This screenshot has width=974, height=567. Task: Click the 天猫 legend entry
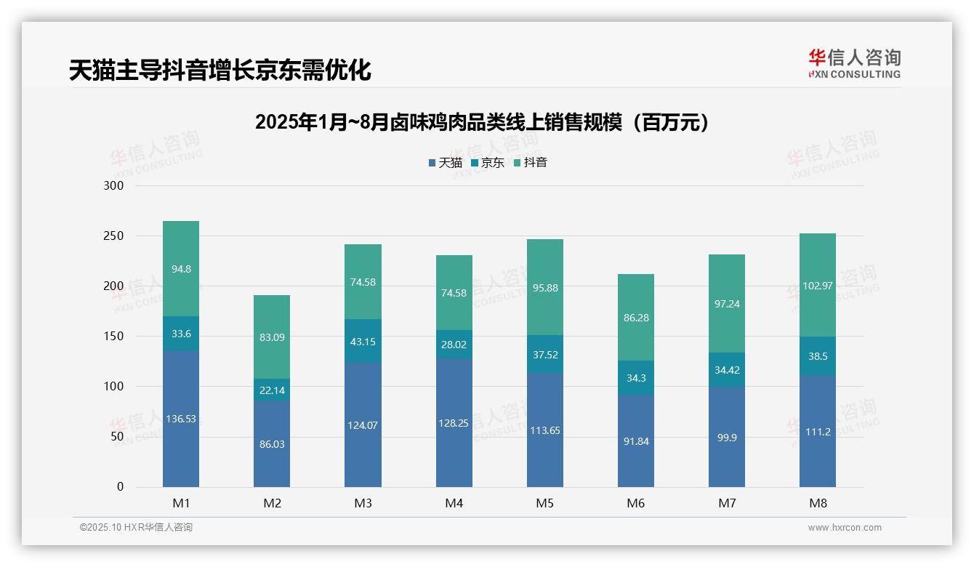tap(445, 163)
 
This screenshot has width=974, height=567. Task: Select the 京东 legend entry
tap(488, 163)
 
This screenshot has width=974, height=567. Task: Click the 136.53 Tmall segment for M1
tap(181, 419)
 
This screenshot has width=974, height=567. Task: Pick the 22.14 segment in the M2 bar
tap(272, 390)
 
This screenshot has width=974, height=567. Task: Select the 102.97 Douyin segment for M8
tap(818, 285)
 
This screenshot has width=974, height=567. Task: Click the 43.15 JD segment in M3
tap(363, 341)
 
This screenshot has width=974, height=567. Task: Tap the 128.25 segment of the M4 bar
tap(454, 422)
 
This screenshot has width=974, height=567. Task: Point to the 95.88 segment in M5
tap(545, 287)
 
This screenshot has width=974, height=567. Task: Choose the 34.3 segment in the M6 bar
tap(636, 378)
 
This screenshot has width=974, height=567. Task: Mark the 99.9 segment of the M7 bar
tap(727, 437)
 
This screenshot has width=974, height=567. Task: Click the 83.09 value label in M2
tap(272, 337)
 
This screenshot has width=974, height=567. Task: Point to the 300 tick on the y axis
tap(115, 186)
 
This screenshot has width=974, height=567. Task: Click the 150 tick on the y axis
tap(115, 337)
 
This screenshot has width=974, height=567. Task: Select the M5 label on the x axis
tap(545, 503)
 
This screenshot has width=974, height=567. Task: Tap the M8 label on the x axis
tap(818, 503)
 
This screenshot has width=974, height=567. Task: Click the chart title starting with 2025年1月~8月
tap(482, 122)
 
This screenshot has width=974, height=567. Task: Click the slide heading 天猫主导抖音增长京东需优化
tap(220, 70)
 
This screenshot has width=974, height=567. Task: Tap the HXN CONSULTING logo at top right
tap(854, 63)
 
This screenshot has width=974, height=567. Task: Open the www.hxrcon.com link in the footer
tap(845, 528)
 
